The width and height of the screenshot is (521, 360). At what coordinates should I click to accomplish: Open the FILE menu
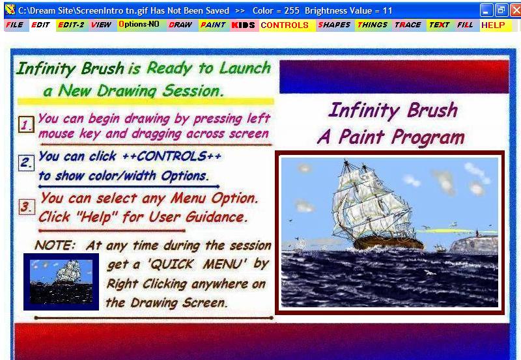coord(14,25)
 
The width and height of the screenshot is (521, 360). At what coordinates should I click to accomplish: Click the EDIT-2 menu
coord(71,25)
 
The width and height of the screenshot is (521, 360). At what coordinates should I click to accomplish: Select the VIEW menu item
coord(101,25)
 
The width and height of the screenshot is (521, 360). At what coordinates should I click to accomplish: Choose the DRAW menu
coord(180,25)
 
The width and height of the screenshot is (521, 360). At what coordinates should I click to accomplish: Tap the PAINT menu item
coord(213,25)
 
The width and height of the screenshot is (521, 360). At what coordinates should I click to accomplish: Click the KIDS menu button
coord(243,25)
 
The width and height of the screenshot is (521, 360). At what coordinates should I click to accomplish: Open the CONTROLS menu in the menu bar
coord(285,25)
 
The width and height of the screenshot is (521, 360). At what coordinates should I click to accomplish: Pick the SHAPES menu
coord(334,25)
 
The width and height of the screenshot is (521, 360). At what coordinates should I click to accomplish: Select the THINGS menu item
coord(373,25)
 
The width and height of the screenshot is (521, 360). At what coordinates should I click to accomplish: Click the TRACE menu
coord(408,25)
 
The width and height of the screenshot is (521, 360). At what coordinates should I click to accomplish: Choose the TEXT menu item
coord(439,25)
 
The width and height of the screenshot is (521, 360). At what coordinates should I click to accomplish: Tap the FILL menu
coord(465,25)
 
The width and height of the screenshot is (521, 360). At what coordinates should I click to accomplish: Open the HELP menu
coord(494,25)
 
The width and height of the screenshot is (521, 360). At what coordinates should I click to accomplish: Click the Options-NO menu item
coord(139,25)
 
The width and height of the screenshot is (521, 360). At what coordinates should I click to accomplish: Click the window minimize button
coord(486,10)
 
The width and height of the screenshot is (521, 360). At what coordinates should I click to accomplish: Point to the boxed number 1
coord(26,124)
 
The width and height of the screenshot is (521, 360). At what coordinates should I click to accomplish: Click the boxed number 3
coord(27,207)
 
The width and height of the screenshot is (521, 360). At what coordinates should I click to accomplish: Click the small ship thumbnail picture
coord(61,282)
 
